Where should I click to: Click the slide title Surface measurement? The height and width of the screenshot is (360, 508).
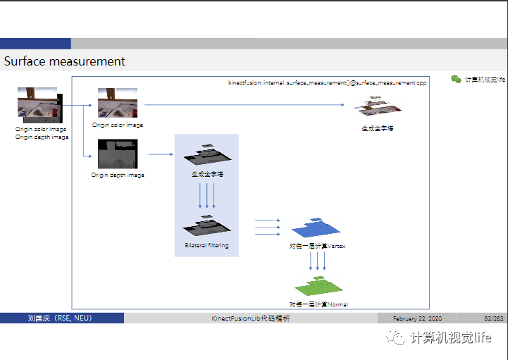coord(65,61)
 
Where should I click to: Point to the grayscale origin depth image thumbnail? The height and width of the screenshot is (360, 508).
coord(118,154)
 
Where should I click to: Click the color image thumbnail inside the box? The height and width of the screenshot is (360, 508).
coord(118,103)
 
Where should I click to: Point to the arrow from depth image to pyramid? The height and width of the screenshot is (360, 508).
coord(161,154)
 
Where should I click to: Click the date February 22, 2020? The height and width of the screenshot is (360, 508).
coord(417,318)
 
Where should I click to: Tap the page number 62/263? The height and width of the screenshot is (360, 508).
coord(494,318)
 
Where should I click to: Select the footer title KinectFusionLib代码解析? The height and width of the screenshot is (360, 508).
coord(251,318)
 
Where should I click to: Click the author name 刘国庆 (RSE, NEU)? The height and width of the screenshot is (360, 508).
coord(60,318)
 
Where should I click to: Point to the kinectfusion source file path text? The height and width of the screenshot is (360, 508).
coord(327,82)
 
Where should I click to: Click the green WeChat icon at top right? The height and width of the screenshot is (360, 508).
coord(456,80)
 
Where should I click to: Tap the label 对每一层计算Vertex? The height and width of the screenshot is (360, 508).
coord(317,246)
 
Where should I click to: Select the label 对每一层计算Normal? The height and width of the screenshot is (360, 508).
coord(318,304)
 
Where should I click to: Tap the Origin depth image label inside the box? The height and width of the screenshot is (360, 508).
coord(118,175)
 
